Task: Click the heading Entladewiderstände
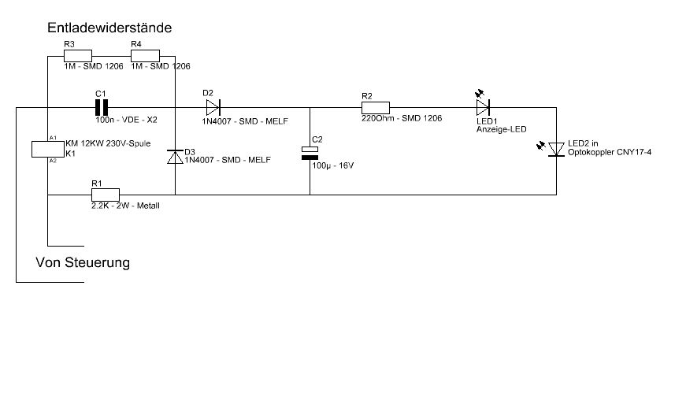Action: tap(109, 28)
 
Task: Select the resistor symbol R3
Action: tap(78, 56)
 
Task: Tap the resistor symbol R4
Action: tap(145, 56)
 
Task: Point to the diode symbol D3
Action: tap(175, 156)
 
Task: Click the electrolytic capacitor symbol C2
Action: tap(311, 153)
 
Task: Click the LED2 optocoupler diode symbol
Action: tap(556, 148)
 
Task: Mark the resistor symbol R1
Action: tap(105, 195)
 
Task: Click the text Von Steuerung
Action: tap(83, 262)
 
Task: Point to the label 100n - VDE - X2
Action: tap(127, 120)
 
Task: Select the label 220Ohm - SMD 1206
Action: tap(402, 118)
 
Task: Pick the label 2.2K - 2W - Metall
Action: tap(126, 206)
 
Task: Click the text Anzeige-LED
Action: tap(501, 129)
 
